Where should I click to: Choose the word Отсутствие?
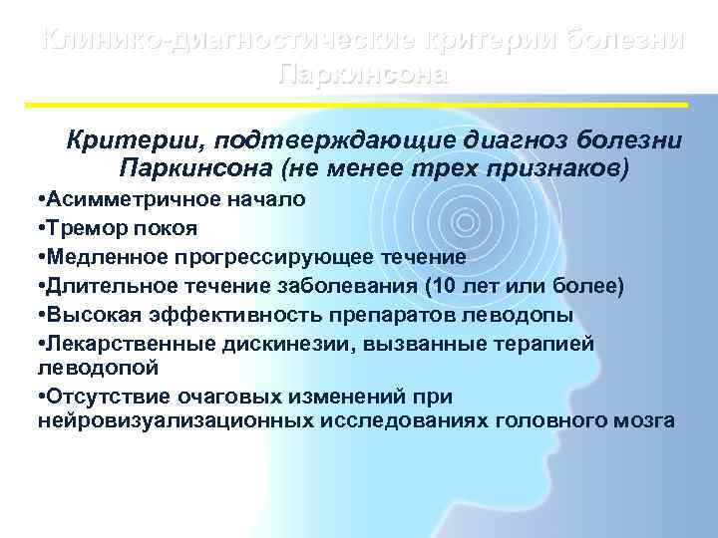[x=100, y=399]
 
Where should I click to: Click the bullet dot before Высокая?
[x=36, y=317]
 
